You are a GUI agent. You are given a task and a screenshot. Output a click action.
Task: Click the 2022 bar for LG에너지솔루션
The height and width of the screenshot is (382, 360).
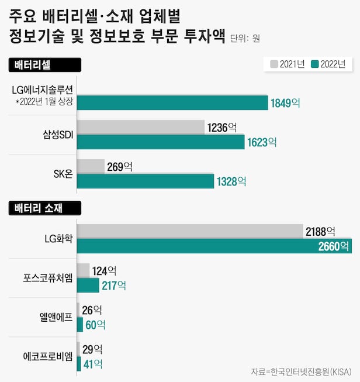[x=172, y=103]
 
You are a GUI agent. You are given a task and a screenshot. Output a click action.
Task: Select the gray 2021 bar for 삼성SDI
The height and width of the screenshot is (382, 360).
[x=140, y=127]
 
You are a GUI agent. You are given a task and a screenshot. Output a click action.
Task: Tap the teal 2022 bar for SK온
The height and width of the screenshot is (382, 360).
[x=146, y=181]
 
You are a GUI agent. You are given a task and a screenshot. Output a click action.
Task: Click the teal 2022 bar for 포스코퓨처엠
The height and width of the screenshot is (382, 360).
[x=88, y=285]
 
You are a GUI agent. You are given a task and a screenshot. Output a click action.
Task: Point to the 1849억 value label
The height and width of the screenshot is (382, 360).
[x=285, y=104]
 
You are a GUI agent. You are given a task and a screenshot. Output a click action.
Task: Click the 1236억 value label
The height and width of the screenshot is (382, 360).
[x=221, y=126]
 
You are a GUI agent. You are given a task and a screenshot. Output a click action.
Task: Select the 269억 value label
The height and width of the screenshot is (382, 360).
[x=120, y=167]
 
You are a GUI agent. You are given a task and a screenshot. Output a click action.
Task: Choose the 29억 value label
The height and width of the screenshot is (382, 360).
[x=92, y=349]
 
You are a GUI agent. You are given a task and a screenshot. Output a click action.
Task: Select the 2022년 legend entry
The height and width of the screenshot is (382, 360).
[x=330, y=64]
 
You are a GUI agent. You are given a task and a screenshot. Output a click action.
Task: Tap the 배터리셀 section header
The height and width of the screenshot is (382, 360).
[x=36, y=64]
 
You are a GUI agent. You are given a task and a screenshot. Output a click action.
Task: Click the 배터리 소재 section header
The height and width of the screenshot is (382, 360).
[x=42, y=207]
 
